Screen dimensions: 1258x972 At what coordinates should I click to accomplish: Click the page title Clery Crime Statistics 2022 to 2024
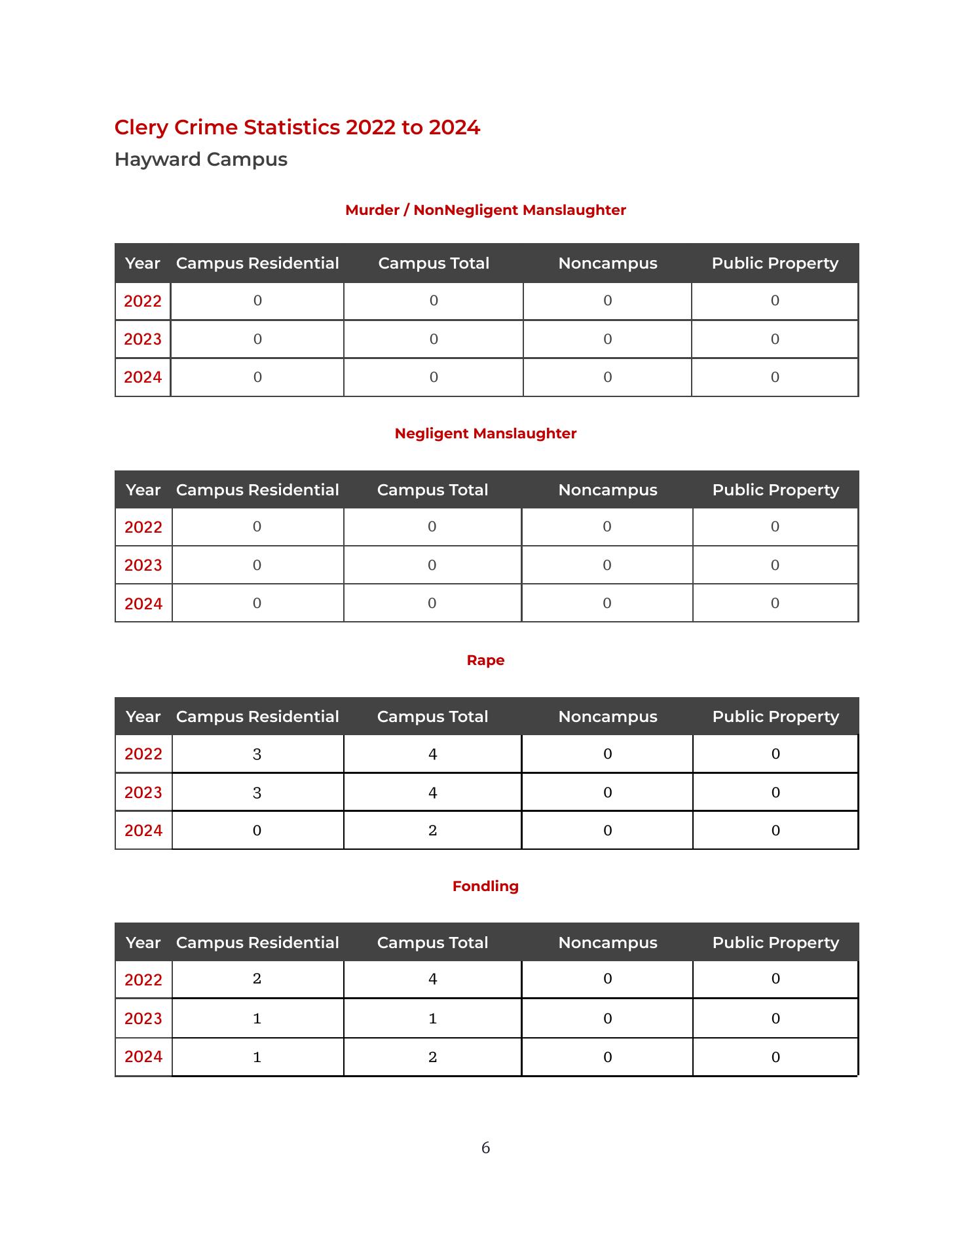297,127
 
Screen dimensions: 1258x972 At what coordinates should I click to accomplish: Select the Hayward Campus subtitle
200,159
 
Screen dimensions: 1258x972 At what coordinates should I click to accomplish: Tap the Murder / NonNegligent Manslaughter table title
485,210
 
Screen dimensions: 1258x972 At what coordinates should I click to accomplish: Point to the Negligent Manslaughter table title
485,434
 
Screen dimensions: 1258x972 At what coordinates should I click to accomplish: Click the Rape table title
485,660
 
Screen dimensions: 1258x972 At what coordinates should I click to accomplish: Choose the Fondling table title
485,886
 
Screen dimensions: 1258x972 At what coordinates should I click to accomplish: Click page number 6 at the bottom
485,1148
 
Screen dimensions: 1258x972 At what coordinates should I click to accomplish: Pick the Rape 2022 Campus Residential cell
257,754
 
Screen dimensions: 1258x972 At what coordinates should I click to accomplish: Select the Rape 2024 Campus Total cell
432,831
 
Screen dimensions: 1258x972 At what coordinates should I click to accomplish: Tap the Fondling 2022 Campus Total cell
432,979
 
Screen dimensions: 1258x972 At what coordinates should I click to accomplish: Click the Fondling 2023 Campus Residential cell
257,1019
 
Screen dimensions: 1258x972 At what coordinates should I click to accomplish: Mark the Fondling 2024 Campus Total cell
432,1057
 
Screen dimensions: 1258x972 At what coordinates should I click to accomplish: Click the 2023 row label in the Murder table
143,339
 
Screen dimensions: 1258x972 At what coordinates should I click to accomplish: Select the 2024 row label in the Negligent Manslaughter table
143,603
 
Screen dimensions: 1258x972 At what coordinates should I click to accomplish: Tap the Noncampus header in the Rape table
608,717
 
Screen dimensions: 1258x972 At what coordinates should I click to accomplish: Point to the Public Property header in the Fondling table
776,943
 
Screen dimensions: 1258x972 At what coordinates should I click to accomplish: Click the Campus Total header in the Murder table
434,263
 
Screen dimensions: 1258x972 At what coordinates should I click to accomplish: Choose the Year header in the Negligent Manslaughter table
143,490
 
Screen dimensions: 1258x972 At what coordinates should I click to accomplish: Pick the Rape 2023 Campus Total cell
432,793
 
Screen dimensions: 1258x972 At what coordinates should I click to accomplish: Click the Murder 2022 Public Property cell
775,301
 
